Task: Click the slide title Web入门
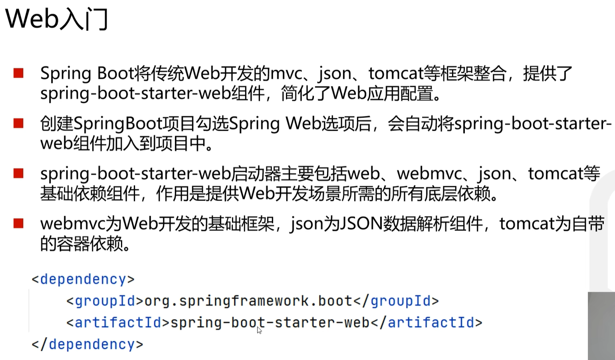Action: [x=57, y=19]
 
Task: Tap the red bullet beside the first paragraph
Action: [x=18, y=73]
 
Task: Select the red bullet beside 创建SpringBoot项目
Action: [x=18, y=123]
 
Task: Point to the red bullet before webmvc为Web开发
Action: [x=18, y=223]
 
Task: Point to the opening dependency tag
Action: [x=83, y=279]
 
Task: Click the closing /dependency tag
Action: [x=87, y=344]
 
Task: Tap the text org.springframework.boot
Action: [x=248, y=300]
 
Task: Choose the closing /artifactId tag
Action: [x=427, y=322]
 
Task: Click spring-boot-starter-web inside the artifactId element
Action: [x=270, y=322]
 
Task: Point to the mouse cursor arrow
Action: [x=259, y=330]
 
